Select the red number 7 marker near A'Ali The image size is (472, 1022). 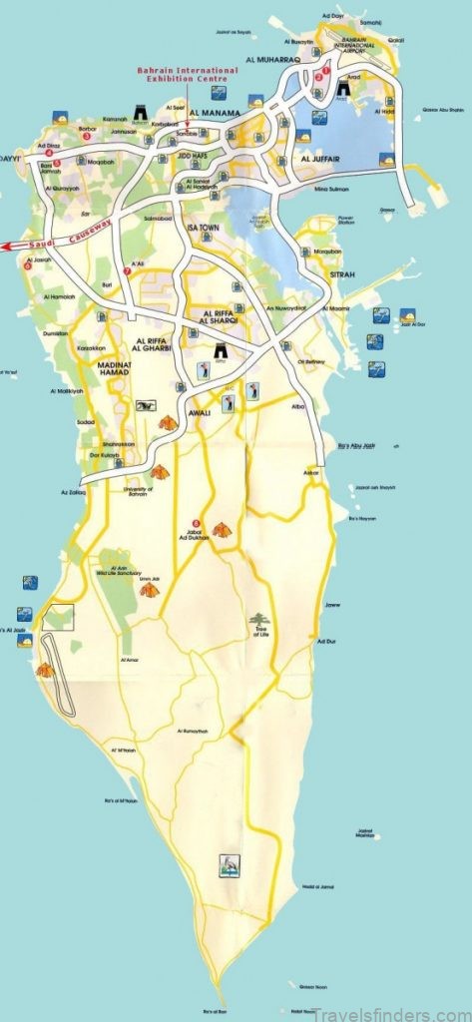pyautogui.click(x=127, y=271)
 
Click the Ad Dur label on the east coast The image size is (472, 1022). pyautogui.click(x=325, y=641)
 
